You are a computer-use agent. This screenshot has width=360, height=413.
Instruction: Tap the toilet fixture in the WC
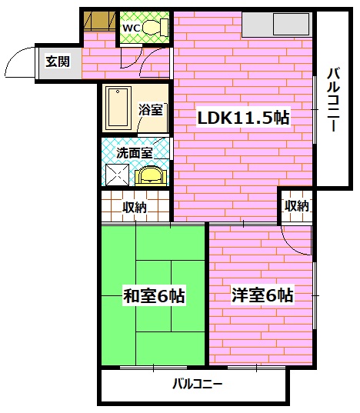pos(154,28)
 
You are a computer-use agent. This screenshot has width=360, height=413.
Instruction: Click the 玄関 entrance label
pos(56,62)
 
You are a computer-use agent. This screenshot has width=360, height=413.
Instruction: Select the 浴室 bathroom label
pos(151,109)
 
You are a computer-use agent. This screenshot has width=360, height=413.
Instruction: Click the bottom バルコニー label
pos(198,384)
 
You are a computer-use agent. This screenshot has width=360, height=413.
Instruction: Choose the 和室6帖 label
pos(154,295)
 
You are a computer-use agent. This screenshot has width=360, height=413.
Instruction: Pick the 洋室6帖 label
pos(261,295)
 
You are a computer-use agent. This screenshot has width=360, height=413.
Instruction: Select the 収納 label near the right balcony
pos(297,205)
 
